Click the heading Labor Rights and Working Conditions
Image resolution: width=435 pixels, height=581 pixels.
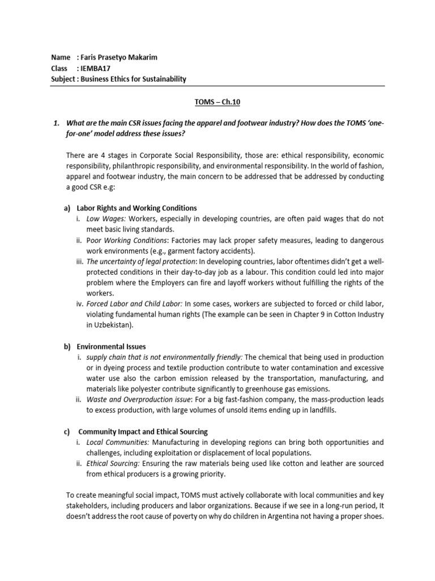coord(138,208)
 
